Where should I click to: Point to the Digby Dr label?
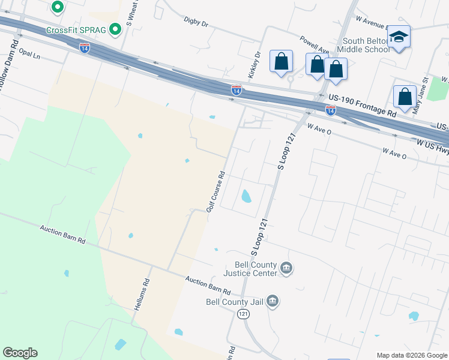196,24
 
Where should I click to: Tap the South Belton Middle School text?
363,46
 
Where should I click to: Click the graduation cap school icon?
399,37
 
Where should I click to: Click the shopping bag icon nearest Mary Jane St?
405,97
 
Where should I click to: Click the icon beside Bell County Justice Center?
286,268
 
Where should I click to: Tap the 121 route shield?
243,314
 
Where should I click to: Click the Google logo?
20,353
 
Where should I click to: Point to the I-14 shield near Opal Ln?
85,48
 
